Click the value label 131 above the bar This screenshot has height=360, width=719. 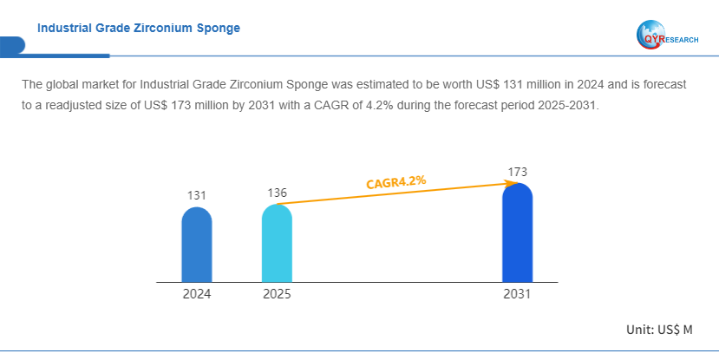[x=196, y=195]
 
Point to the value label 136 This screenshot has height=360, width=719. [x=277, y=192]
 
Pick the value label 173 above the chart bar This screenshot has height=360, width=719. [x=517, y=172]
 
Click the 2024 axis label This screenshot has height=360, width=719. [x=196, y=294]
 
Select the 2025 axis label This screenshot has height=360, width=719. [x=277, y=294]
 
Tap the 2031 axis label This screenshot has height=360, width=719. [x=517, y=294]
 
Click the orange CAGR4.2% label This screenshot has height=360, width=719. [x=395, y=182]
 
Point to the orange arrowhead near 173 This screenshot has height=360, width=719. [x=507, y=183]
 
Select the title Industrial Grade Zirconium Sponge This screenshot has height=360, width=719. [x=139, y=28]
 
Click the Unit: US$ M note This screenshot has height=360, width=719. [x=659, y=330]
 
